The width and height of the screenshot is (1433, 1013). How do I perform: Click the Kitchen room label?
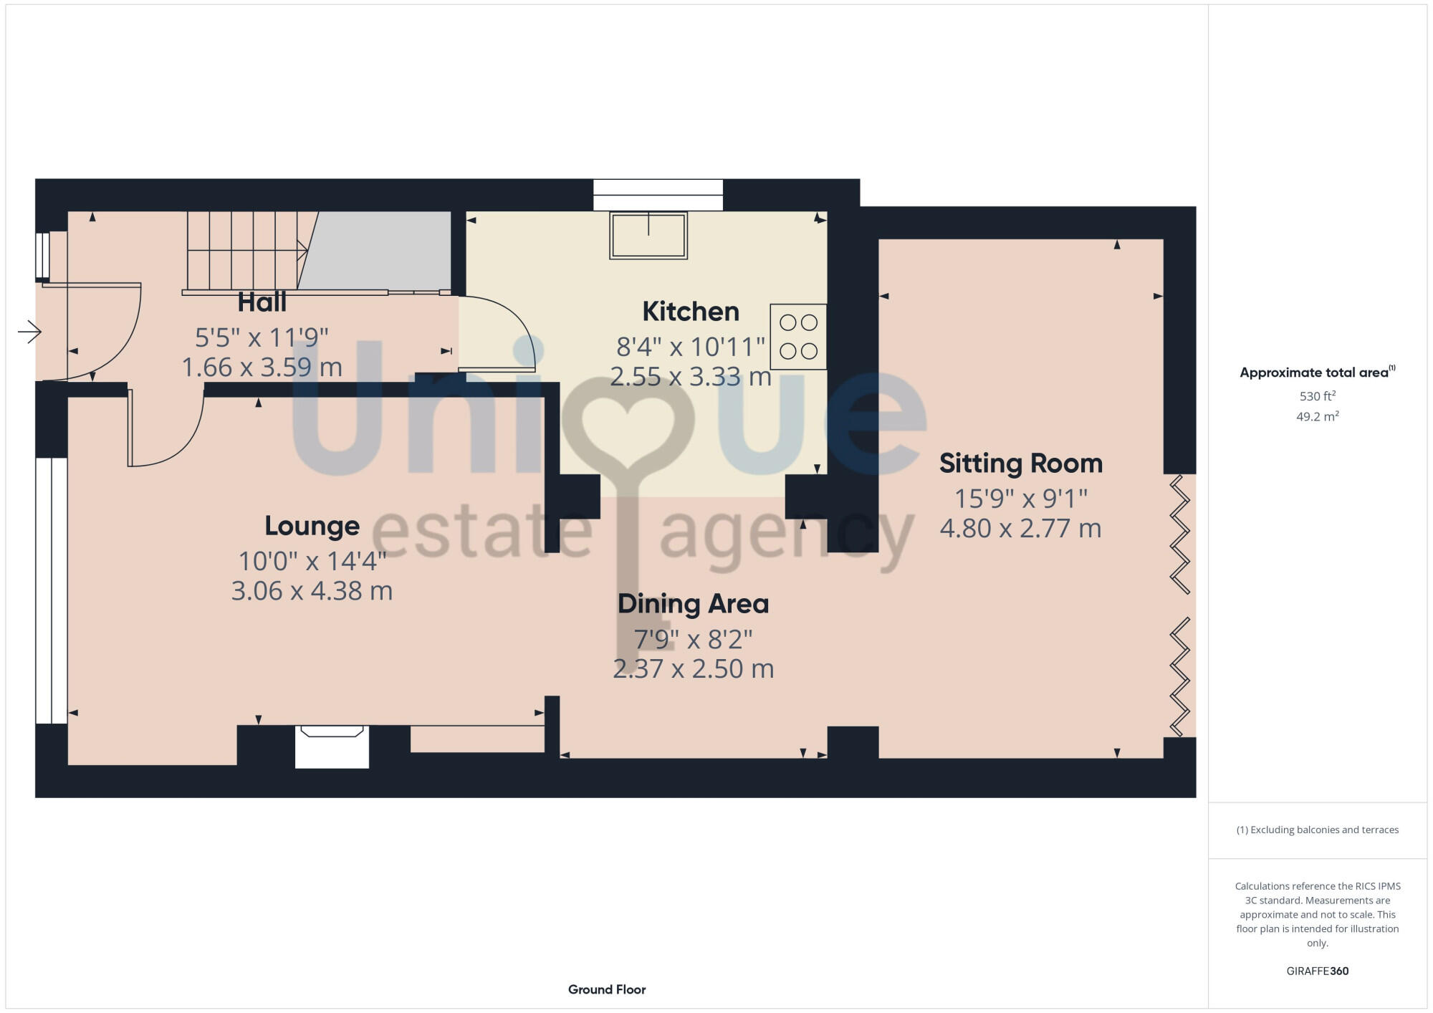coord(691,312)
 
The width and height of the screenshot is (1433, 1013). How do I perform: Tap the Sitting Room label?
coord(1020,464)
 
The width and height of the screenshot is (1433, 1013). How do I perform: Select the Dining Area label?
coord(693,604)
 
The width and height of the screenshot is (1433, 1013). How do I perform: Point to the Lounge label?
coord(312,526)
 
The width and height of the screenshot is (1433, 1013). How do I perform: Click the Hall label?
coord(262,302)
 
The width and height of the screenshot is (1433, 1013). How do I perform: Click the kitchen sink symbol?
coord(648,235)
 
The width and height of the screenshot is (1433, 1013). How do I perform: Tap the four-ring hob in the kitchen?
coord(798,337)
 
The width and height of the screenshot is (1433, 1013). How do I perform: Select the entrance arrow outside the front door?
coord(29,332)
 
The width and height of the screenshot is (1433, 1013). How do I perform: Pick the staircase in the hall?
coord(244,251)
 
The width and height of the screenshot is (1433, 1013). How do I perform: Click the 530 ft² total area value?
coord(1317,396)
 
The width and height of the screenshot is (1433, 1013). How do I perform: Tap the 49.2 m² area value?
coord(1317,416)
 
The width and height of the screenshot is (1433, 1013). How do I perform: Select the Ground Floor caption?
coord(607,989)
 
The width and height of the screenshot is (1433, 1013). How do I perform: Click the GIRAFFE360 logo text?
coord(1317,971)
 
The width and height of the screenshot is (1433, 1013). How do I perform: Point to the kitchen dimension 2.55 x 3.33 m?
coord(690,377)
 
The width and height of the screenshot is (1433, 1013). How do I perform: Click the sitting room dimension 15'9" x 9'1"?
coord(1020,498)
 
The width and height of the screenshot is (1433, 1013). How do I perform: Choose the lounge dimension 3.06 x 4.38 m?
coord(312,591)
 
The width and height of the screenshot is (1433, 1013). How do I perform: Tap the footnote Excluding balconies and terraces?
coord(1317,830)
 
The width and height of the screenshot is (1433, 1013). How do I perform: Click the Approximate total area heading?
coord(1314,373)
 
